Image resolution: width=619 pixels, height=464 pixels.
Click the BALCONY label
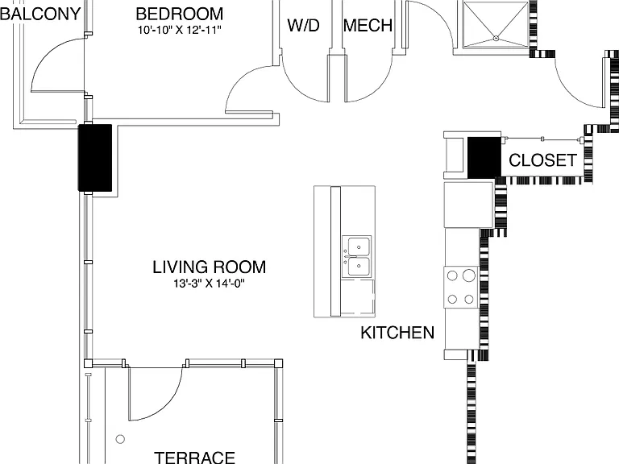point(40,14)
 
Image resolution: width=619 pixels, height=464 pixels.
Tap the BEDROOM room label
point(180,14)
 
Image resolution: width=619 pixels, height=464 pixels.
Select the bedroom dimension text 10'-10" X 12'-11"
point(180,30)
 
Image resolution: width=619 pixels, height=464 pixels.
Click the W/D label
point(303,25)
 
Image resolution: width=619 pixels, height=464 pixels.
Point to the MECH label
point(368,25)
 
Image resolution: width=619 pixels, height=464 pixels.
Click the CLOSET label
point(542,160)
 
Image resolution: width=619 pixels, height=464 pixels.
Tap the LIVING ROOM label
point(210,267)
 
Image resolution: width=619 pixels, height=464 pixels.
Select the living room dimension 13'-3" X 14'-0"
point(210,284)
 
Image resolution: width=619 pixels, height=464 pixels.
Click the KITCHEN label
point(397,333)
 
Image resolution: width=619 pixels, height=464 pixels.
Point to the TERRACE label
point(194,458)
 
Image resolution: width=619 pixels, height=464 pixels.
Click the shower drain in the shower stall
point(496,39)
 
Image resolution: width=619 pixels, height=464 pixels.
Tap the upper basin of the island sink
point(359,247)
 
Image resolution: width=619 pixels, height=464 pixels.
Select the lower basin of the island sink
point(359,267)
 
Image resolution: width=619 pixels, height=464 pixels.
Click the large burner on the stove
point(469,275)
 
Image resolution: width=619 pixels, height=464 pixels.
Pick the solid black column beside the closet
point(484,157)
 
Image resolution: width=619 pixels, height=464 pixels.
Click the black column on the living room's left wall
point(95,158)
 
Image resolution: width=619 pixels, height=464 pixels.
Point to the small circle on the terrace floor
point(120,439)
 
